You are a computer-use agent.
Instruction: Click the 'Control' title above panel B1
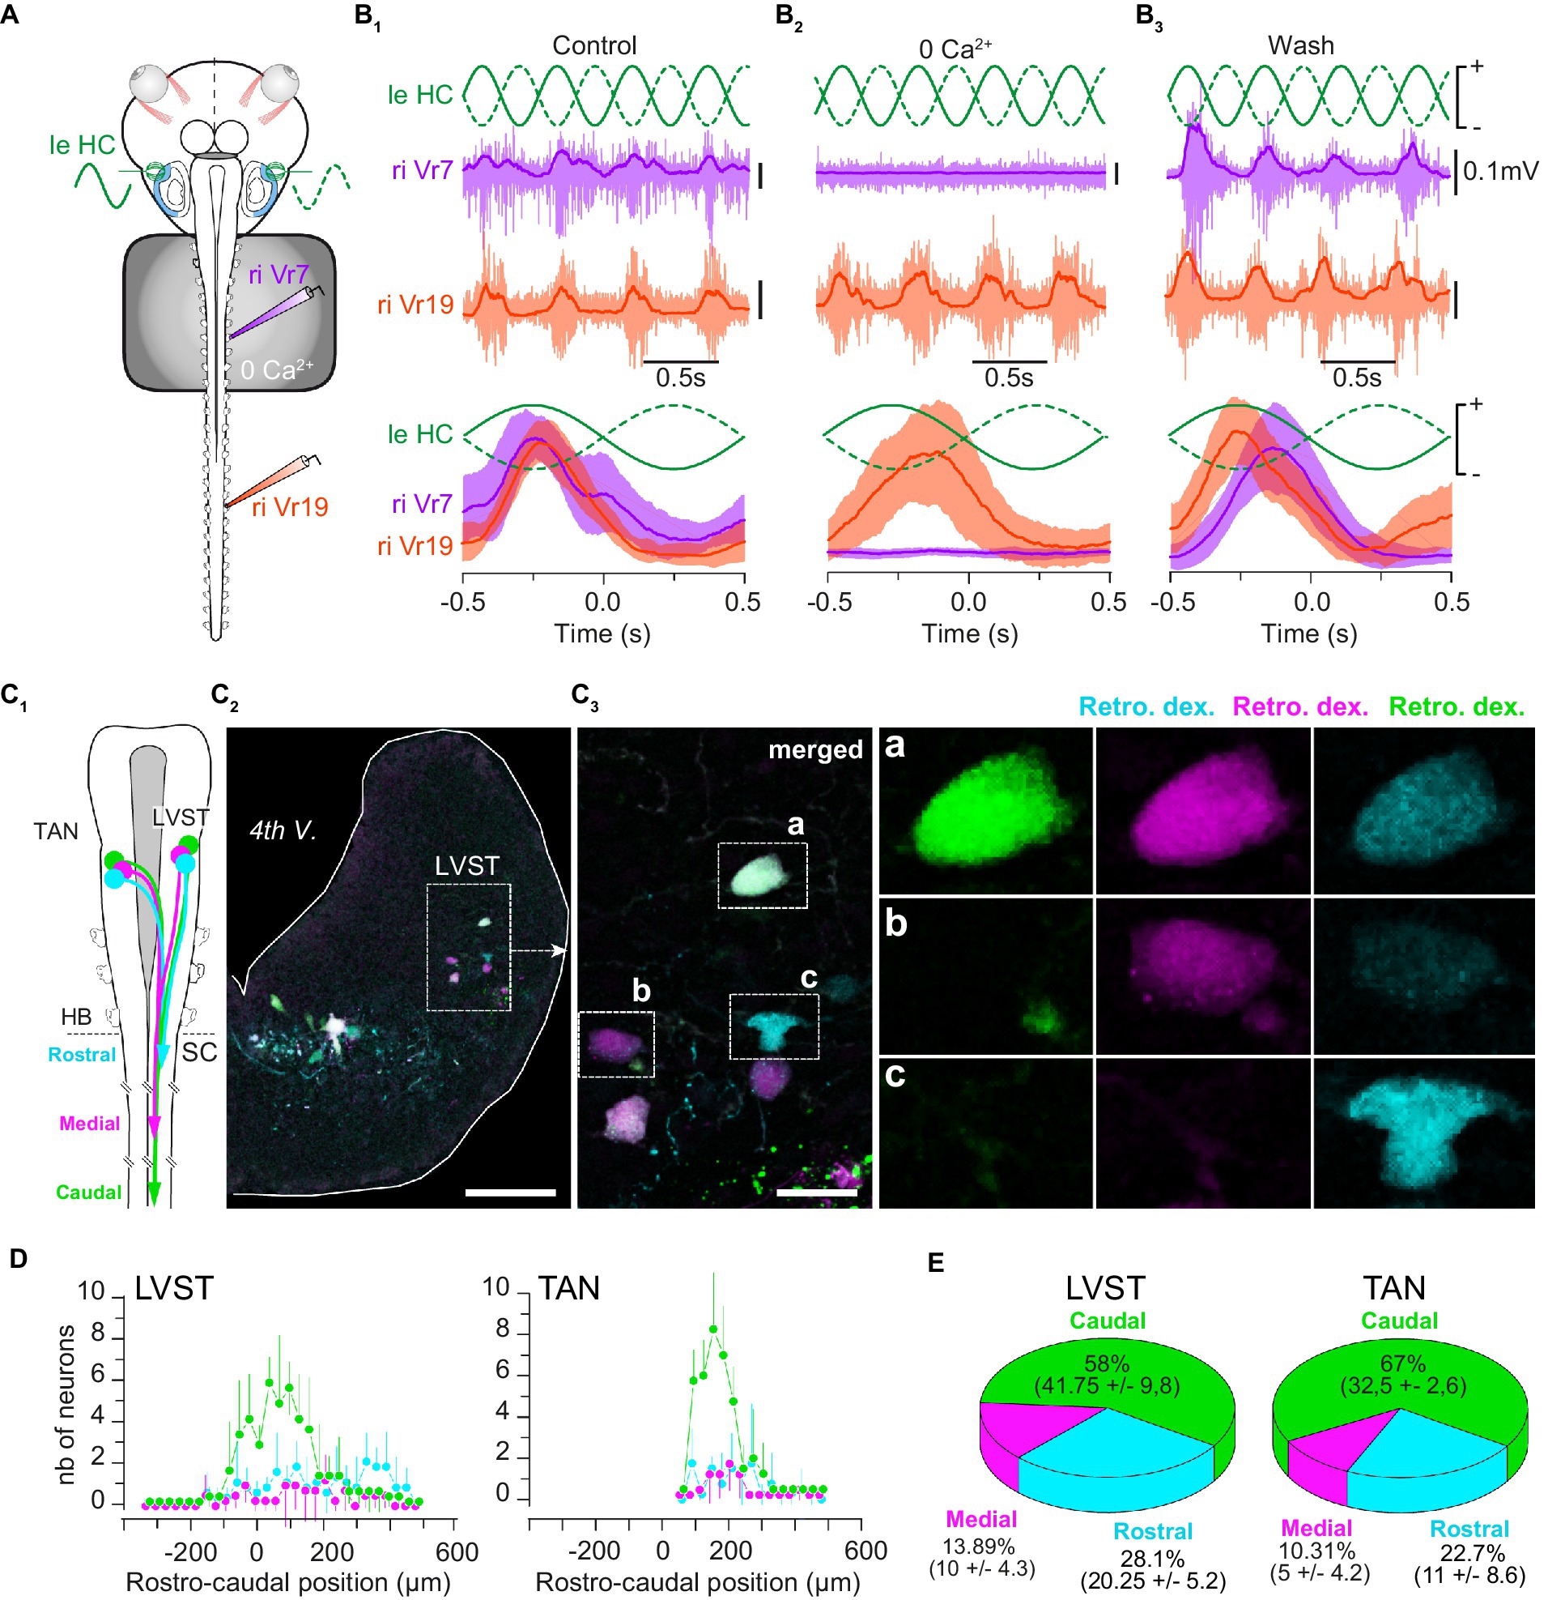[x=593, y=45]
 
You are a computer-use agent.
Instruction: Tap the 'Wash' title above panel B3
[x=1300, y=45]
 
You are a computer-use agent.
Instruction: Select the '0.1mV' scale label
[x=1500, y=172]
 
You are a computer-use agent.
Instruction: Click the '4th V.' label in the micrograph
[x=283, y=830]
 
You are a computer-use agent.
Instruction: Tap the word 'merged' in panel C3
[x=814, y=749]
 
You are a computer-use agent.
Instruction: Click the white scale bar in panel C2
[x=510, y=1193]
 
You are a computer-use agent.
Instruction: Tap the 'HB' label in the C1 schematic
[x=76, y=1018]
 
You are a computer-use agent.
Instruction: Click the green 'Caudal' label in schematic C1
[x=88, y=1193]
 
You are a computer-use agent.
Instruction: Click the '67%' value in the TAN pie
[x=1403, y=1364]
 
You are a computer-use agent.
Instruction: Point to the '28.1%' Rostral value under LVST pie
[x=1152, y=1559]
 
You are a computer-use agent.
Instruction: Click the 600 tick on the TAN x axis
[x=865, y=1550]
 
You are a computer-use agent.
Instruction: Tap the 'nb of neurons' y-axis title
[x=66, y=1404]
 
